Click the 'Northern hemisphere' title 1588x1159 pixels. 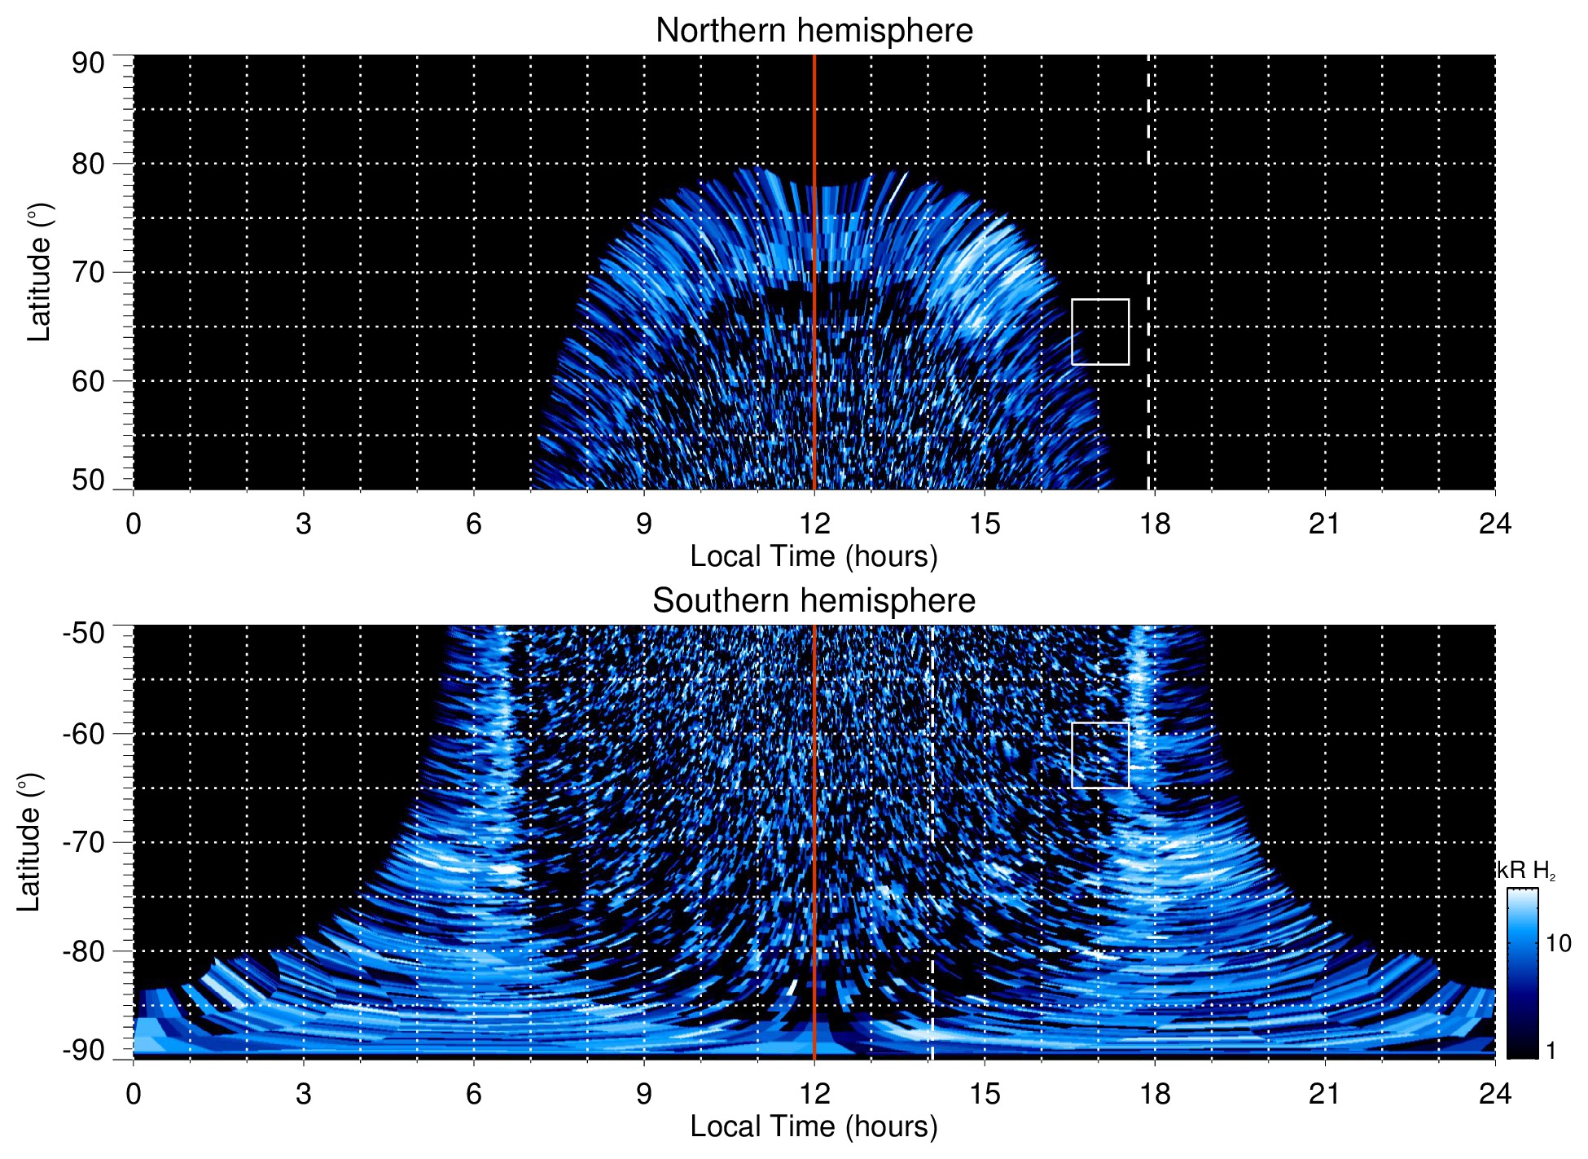tap(814, 31)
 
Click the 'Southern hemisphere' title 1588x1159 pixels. tap(814, 601)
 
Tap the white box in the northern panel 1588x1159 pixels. tap(1099, 331)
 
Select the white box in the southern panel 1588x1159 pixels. tap(1099, 755)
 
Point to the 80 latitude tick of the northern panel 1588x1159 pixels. tap(88, 164)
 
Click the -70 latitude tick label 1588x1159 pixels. tap(84, 842)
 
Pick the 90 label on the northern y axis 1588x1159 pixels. tap(88, 64)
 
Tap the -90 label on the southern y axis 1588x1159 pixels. tap(84, 1051)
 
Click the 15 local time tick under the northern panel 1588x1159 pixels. tap(985, 524)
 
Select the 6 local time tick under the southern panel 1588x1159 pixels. tap(473, 1093)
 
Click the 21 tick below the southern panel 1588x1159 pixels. tap(1325, 1093)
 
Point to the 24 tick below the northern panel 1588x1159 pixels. tap(1494, 524)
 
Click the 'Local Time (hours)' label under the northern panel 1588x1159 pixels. tap(814, 556)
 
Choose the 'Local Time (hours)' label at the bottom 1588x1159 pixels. tap(814, 1126)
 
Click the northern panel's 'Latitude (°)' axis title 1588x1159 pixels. tap(39, 272)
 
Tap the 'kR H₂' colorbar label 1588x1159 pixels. tap(1526, 871)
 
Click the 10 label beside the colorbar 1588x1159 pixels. tap(1558, 943)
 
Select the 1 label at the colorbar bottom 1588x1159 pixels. tap(1551, 1051)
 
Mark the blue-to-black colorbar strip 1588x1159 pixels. tap(1521, 973)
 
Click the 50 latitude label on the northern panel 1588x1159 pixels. tap(88, 480)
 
